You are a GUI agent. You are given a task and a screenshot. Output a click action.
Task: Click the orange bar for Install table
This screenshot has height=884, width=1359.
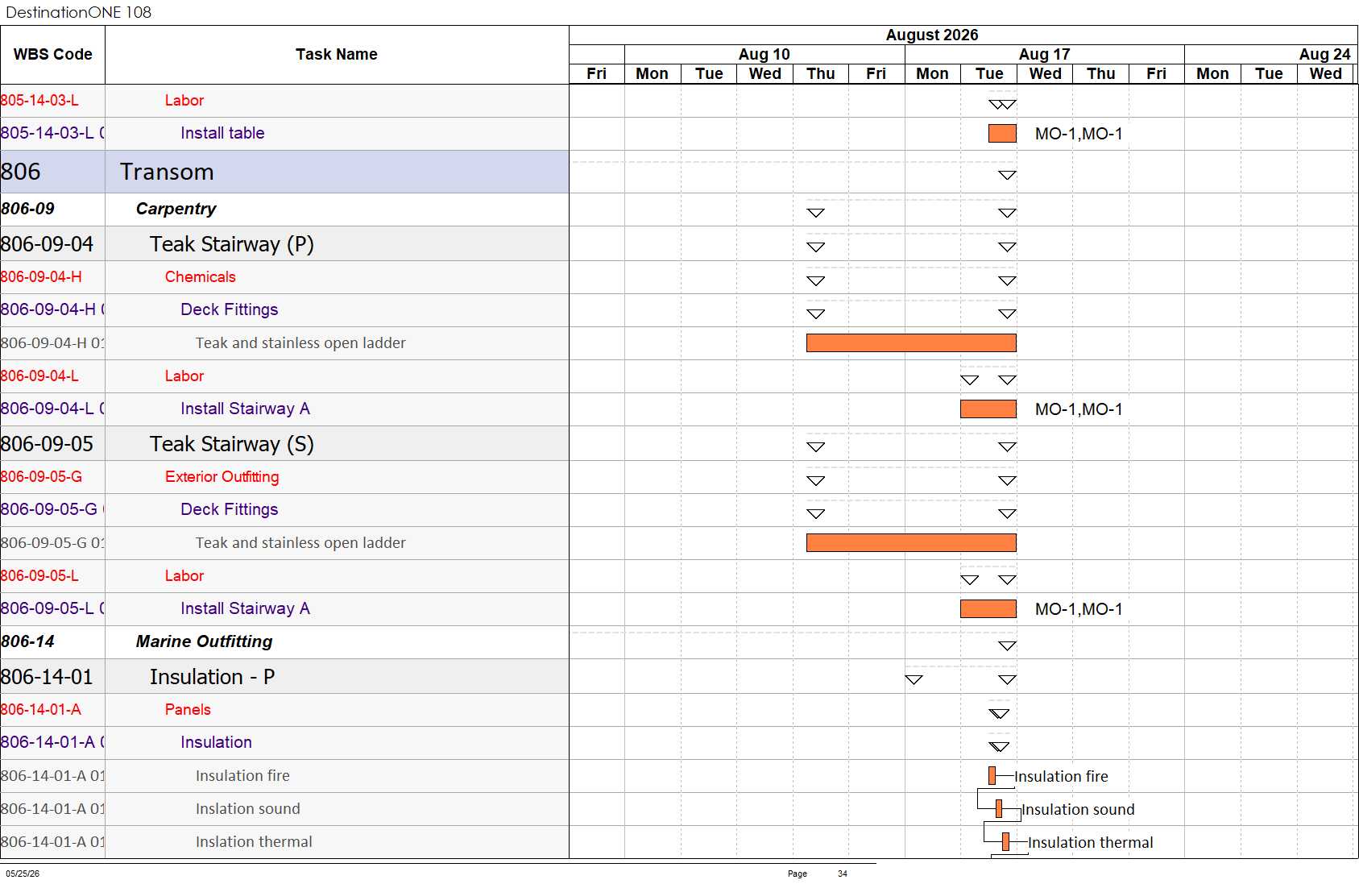click(1002, 134)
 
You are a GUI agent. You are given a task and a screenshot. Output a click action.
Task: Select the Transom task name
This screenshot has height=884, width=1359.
click(167, 172)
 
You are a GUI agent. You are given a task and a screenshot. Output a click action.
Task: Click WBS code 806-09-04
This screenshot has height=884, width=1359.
click(48, 244)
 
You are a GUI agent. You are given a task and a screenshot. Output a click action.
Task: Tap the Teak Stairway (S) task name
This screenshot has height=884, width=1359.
click(232, 444)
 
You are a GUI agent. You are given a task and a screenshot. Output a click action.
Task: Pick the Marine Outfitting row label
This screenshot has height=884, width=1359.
click(204, 641)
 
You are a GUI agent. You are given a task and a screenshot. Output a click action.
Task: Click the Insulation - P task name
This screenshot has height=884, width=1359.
click(213, 677)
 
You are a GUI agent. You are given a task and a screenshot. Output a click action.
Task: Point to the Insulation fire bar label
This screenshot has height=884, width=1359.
click(1061, 776)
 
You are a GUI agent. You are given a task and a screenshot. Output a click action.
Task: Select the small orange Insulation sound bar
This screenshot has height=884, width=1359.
click(999, 809)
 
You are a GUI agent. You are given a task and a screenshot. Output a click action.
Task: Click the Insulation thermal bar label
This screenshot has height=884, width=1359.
click(1090, 842)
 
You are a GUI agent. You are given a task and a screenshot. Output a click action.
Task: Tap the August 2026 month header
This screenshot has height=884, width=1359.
click(932, 35)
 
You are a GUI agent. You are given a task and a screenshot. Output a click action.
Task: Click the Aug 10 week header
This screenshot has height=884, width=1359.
click(764, 54)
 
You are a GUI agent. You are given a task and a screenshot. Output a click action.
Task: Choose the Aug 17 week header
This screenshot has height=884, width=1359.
click(1044, 54)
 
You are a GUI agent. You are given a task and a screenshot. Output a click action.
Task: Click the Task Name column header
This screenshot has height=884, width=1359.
click(337, 54)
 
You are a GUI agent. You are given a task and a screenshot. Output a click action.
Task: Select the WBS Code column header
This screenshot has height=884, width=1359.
click(53, 54)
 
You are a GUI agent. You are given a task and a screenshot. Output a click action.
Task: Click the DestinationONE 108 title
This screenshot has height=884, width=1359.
click(78, 12)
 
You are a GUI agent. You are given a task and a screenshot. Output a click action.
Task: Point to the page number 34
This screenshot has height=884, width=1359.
click(843, 874)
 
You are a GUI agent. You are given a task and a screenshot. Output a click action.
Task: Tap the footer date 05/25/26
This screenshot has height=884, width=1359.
click(23, 874)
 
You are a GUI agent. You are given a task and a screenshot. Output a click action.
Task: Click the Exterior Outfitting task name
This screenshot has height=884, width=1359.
click(222, 476)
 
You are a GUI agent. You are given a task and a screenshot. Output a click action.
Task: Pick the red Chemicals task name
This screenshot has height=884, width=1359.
click(201, 276)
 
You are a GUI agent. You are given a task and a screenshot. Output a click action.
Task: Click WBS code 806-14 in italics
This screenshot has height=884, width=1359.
click(28, 641)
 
